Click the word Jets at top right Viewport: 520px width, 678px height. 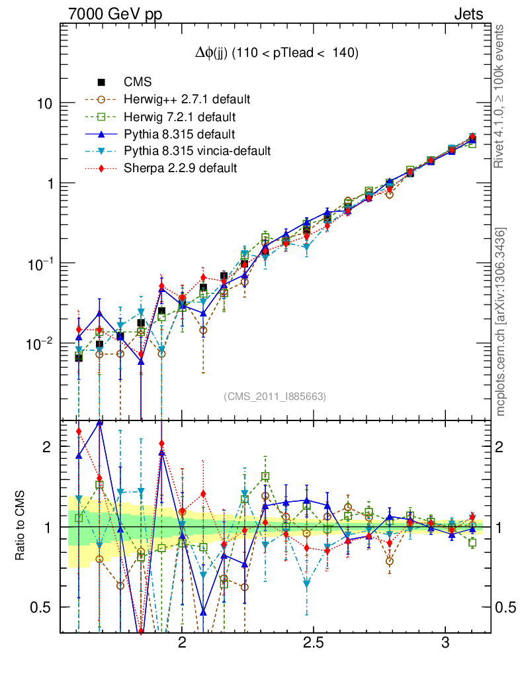[x=468, y=14]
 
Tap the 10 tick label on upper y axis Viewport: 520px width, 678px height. [x=45, y=104]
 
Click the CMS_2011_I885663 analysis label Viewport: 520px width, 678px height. [x=275, y=396]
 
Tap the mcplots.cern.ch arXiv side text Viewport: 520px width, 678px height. [x=501, y=322]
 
